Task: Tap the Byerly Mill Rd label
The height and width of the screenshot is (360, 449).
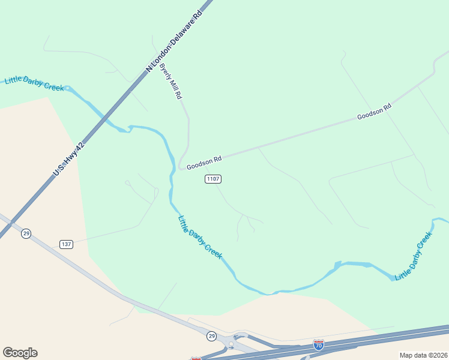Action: pos(170,83)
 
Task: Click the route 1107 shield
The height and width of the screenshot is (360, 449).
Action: pos(213,179)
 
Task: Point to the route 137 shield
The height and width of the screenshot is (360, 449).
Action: pos(66,244)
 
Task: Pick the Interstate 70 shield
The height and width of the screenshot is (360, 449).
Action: pos(319,344)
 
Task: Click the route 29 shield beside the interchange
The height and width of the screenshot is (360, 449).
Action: pos(211,337)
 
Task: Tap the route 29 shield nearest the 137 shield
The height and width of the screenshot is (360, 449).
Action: pos(26,233)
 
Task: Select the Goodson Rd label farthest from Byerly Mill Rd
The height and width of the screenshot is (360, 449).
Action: pos(374,110)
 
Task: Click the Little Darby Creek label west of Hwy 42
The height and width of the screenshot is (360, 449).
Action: pos(34,83)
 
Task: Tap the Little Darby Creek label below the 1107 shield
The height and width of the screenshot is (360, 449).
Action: pos(200,237)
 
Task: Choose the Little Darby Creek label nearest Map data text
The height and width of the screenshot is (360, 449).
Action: pos(414,256)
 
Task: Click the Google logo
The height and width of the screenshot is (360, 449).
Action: pos(20,353)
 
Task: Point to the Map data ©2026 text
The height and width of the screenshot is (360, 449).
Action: pos(423,355)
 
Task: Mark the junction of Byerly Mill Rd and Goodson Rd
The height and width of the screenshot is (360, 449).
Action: pos(181,167)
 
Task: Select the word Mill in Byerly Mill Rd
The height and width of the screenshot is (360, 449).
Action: pos(171,85)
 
